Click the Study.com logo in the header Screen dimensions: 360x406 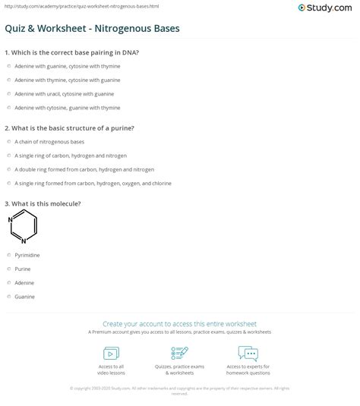click(x=331, y=8)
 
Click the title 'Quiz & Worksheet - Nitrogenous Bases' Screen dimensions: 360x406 click(x=93, y=30)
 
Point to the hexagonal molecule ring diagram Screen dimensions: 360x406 click(x=24, y=226)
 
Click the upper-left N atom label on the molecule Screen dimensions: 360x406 click(x=11, y=219)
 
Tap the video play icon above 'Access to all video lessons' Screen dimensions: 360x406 click(x=110, y=353)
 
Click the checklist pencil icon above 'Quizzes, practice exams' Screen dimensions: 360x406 click(x=180, y=353)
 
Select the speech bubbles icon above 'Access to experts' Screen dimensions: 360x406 click(x=248, y=353)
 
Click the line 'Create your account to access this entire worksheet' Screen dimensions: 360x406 click(x=179, y=324)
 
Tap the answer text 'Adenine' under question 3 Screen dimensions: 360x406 click(x=24, y=282)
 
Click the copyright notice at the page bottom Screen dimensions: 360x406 click(x=179, y=390)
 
